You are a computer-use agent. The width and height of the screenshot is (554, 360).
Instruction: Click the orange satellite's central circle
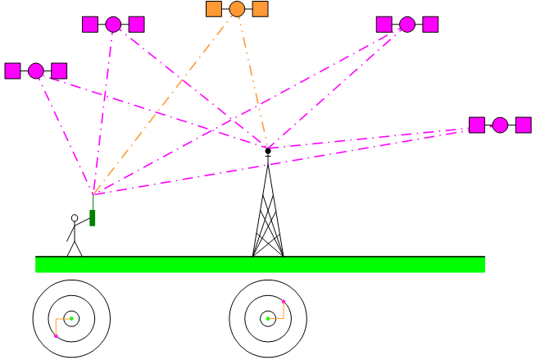tap(237, 9)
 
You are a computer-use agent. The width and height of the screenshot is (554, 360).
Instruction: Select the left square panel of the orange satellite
tap(214, 9)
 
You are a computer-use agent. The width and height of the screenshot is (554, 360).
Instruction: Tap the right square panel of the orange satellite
tap(260, 9)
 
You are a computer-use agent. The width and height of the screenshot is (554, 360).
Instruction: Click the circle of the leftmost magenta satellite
tap(36, 71)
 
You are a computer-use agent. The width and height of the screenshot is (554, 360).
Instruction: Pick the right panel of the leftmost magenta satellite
tap(59, 71)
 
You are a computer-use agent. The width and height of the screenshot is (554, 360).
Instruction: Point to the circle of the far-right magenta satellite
tap(500, 125)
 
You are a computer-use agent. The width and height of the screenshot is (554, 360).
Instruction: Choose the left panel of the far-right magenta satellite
tap(477, 125)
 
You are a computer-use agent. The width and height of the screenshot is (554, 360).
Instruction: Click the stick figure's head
tap(75, 218)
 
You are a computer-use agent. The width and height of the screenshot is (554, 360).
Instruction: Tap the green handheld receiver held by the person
tap(93, 217)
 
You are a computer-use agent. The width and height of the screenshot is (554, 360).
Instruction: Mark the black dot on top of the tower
tap(268, 151)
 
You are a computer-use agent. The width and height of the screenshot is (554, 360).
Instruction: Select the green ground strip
tap(260, 264)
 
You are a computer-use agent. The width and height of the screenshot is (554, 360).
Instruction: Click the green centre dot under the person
tap(71, 318)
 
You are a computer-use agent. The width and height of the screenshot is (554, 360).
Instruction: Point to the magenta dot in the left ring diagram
tap(56, 336)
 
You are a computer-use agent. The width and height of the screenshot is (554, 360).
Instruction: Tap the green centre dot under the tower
tap(268, 318)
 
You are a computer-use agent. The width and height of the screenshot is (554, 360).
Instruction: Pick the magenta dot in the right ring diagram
tap(284, 302)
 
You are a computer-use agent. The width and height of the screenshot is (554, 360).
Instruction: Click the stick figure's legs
tap(75, 248)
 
